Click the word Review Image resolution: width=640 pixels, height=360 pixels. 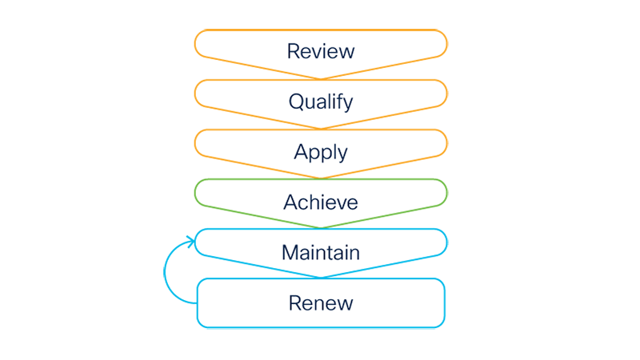click(x=320, y=52)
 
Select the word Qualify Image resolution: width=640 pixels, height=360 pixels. click(x=320, y=102)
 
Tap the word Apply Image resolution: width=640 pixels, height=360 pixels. click(x=320, y=152)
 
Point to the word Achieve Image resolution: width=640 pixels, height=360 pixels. click(x=320, y=202)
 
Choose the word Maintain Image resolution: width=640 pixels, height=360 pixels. click(x=320, y=253)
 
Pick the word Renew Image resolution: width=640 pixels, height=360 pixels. click(x=320, y=303)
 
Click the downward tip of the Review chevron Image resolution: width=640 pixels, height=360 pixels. click(x=321, y=77)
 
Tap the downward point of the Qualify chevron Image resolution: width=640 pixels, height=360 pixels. click(x=321, y=126)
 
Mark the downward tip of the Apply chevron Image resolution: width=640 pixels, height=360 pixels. click(x=321, y=177)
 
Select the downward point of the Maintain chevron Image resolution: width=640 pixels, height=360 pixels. click(x=321, y=276)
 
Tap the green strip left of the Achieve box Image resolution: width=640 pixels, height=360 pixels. click(x=179, y=192)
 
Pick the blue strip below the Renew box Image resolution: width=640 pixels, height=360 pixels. click(x=320, y=328)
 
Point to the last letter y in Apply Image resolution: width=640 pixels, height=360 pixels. click(x=342, y=154)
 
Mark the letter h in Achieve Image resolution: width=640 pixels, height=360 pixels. click(x=312, y=202)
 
